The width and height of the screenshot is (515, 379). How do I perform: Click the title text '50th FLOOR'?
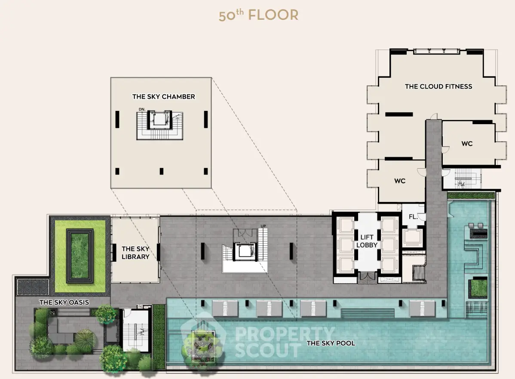tap(258, 15)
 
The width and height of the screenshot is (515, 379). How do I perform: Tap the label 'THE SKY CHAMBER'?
tap(163, 97)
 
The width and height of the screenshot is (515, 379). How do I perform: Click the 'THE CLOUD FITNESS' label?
tap(438, 86)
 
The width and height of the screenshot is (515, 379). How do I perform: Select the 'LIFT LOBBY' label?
tap(367, 241)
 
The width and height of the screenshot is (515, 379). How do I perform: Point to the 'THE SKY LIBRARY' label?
tap(135, 253)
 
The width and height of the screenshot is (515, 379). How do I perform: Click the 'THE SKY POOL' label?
tap(331, 343)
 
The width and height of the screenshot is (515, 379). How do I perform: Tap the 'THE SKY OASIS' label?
tap(64, 303)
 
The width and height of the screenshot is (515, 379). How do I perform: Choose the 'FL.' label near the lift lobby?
tap(413, 217)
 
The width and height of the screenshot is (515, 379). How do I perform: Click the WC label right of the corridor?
tap(467, 144)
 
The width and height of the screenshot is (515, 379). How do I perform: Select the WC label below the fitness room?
tap(400, 181)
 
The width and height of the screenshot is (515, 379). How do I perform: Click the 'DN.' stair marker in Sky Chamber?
tap(142, 110)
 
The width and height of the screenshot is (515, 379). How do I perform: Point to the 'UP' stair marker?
tap(263, 226)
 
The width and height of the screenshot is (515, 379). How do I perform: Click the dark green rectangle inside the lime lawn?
tap(80, 256)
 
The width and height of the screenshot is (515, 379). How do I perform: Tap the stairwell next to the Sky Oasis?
tap(135, 330)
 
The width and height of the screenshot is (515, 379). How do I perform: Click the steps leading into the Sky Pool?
tap(368, 313)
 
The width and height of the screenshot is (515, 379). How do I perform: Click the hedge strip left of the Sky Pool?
tap(159, 337)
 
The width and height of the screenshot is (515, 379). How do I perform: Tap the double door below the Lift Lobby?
tap(367, 277)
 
